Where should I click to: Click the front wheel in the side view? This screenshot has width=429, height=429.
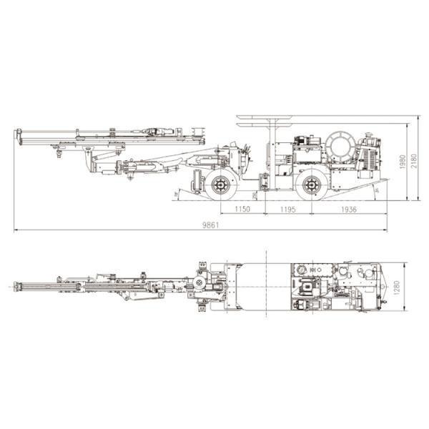point(221,185)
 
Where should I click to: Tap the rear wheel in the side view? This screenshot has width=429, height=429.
point(311,185)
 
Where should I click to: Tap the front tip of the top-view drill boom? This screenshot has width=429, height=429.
point(16,287)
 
